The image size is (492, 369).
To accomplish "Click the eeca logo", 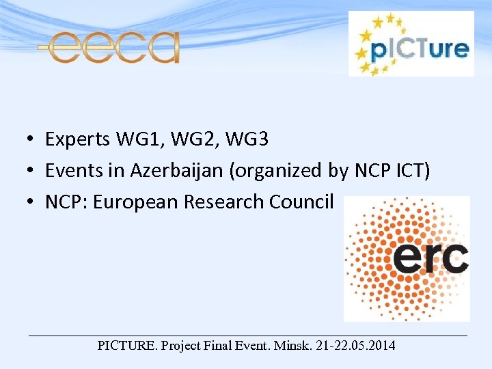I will click(110, 46).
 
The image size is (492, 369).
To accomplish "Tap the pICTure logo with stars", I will click(411, 44).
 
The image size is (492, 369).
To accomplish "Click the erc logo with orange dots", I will click(407, 258).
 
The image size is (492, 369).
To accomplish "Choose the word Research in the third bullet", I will click(221, 202).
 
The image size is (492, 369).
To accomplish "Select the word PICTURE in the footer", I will click(127, 346).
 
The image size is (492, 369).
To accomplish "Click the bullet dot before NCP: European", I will click(31, 203).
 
